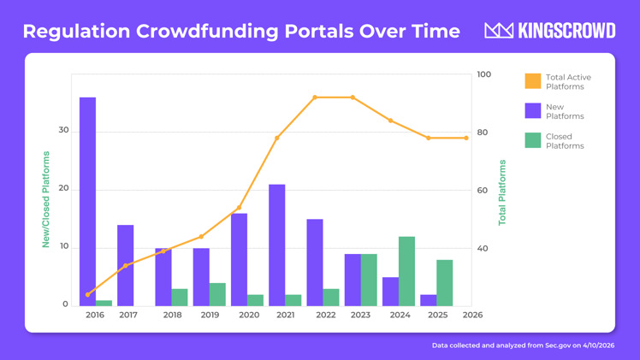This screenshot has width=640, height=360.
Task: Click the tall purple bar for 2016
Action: click(87, 201)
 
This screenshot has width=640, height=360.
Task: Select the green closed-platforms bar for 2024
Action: click(406, 271)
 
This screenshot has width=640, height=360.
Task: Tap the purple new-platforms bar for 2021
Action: click(276, 245)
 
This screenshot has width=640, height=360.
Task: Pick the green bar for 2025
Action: click(444, 283)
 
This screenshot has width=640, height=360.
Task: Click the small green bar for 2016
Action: click(104, 303)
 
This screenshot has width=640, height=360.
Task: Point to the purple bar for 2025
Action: click(428, 300)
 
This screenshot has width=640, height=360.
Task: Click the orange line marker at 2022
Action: click(315, 97)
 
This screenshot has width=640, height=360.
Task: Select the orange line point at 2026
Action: click(466, 138)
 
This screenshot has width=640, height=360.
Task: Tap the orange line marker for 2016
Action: click(87, 295)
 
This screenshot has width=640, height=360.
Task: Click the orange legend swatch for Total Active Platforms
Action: click(532, 81)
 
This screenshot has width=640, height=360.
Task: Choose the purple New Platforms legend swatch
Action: click(532, 111)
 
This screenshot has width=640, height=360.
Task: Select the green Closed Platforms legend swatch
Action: click(532, 140)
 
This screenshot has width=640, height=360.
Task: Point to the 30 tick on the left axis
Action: click(63, 131)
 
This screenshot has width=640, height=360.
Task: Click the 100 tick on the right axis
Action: click(483, 74)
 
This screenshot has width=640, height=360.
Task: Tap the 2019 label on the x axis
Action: click(210, 315)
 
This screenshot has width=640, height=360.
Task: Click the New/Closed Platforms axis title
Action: click(46, 199)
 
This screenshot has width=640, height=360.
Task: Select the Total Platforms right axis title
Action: click(502, 192)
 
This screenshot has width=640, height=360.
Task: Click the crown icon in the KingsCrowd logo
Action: click(498, 31)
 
